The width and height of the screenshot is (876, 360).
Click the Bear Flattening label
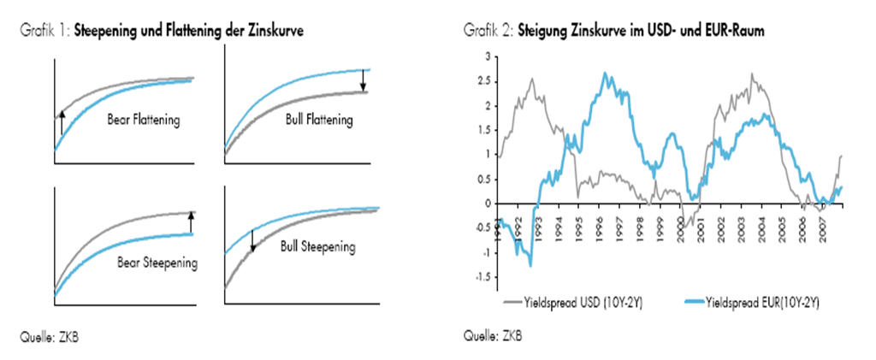pyautogui.click(x=143, y=121)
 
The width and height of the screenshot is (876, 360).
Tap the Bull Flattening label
pyautogui.click(x=319, y=121)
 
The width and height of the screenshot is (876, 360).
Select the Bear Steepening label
pyautogui.click(x=157, y=262)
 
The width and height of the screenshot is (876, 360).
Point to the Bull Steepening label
pyautogui.click(x=317, y=247)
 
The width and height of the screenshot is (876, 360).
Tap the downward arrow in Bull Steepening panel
pyautogui.click(x=253, y=241)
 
